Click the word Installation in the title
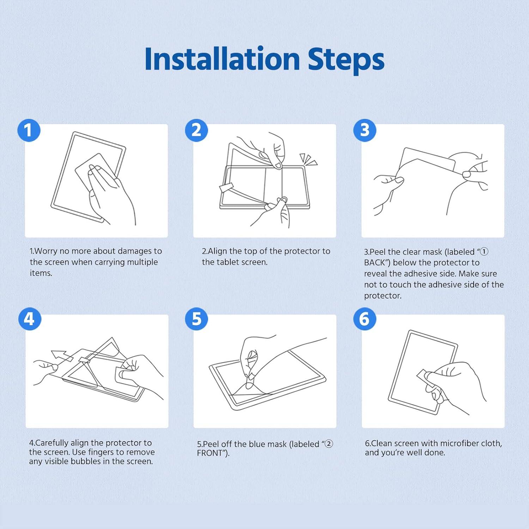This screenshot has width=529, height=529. tap(222, 59)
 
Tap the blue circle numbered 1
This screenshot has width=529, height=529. tap(29, 130)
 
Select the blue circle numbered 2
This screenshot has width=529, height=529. tap(196, 130)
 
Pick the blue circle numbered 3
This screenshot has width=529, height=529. tap(365, 130)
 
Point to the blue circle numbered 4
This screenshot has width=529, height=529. tap(30, 319)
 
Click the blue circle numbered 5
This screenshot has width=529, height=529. tap(196, 319)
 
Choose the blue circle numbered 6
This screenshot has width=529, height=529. tap(365, 319)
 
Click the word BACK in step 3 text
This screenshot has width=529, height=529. tap(376, 263)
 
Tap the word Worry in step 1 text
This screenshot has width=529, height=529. tap(46, 251)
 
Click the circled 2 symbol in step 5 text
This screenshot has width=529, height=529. tap(328, 444)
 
